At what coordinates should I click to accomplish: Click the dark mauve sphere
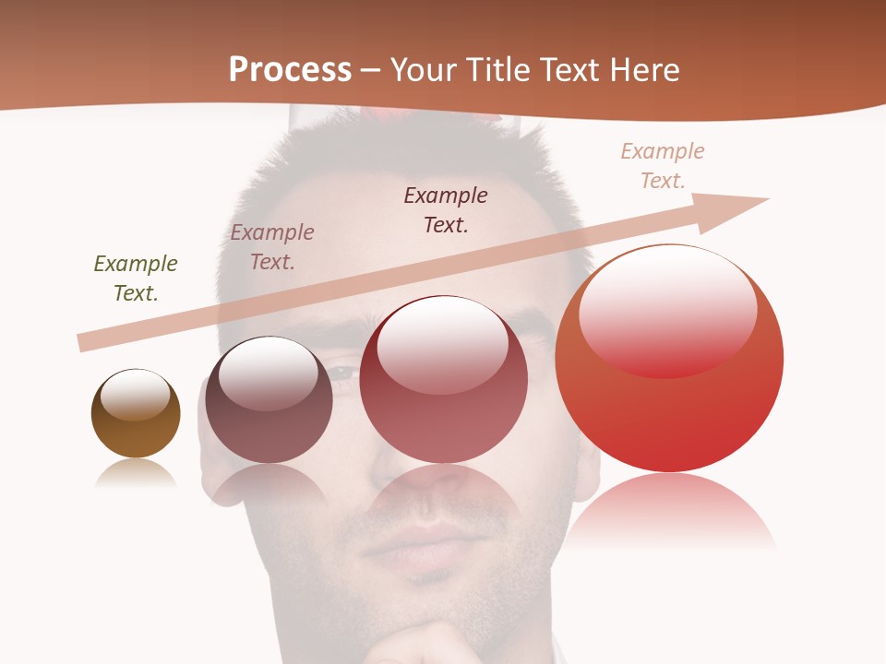[x=269, y=424]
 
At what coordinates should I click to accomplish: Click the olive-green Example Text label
[x=136, y=278]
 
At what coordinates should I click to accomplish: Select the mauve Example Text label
[x=272, y=246]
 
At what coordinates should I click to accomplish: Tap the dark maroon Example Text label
[x=446, y=209]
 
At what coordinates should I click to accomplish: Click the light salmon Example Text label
[x=663, y=165]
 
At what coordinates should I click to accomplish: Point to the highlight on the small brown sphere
[x=136, y=395]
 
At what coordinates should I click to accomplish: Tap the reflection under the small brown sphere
[x=136, y=474]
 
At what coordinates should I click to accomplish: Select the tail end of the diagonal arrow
[x=85, y=342]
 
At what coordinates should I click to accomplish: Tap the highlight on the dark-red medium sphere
[x=443, y=343]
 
